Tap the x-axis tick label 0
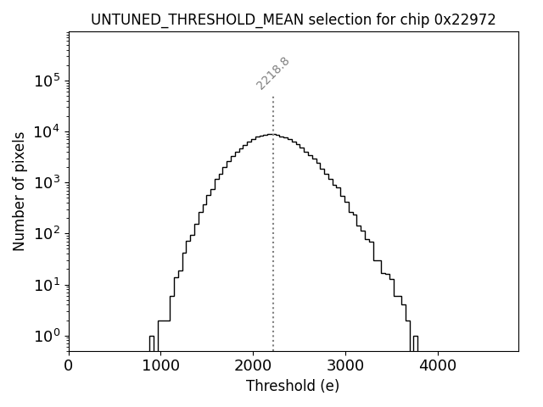pyautogui.click(x=69, y=367)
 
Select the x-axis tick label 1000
pyautogui.click(x=160, y=367)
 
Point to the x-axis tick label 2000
pyautogui.click(x=253, y=367)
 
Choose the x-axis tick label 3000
pyautogui.click(x=345, y=367)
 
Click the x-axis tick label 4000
pyautogui.click(x=437, y=367)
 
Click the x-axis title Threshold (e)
pyautogui.click(x=293, y=387)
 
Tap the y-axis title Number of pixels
pyautogui.click(x=19, y=192)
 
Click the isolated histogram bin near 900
pyautogui.click(x=152, y=343)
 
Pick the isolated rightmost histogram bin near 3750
pyautogui.click(x=414, y=343)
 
